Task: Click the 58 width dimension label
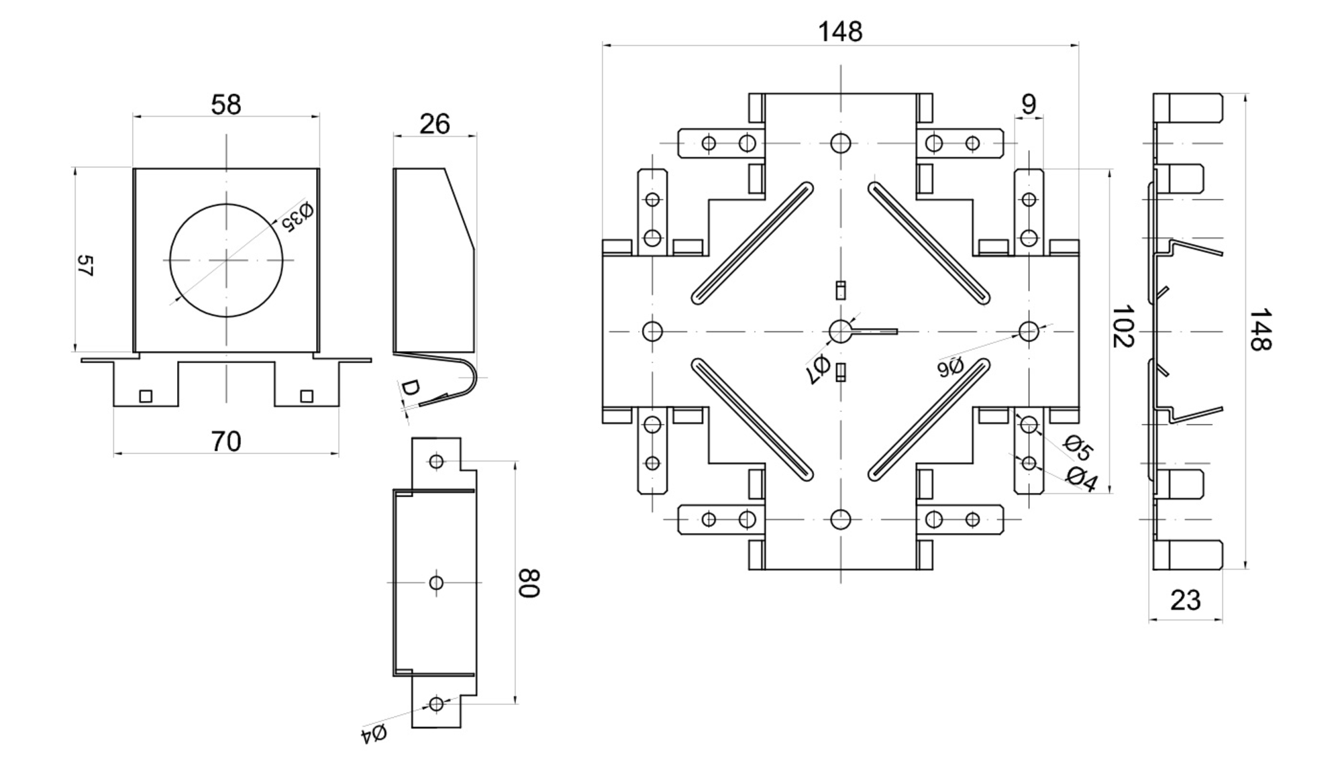tap(225, 105)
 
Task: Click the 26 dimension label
tap(434, 124)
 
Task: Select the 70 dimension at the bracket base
tap(225, 441)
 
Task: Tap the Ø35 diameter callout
tap(297, 216)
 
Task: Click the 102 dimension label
tap(1123, 327)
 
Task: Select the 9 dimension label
tap(1029, 105)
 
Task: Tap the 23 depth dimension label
tap(1185, 600)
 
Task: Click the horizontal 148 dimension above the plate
tap(840, 32)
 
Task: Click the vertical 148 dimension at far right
tap(1260, 329)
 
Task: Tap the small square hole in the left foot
tap(146, 396)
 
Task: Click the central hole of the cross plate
tap(840, 331)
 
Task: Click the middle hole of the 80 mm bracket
tap(436, 582)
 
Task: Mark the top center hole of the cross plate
tap(840, 143)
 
